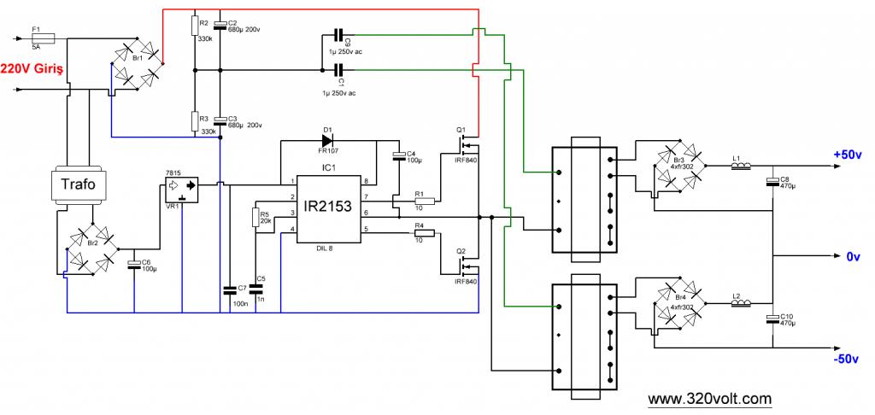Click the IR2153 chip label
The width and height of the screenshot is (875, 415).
327,207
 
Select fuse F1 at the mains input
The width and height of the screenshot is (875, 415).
43,38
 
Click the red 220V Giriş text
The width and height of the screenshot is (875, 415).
32,69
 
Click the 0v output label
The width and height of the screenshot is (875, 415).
854,256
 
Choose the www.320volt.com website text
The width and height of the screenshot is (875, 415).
710,399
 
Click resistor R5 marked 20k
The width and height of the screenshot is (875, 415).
256,218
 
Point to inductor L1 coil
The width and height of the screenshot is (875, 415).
741,165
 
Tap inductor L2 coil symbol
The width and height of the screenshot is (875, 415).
741,303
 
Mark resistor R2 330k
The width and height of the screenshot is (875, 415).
195,26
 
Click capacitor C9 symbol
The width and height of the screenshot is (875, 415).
338,36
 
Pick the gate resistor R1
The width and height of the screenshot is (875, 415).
425,201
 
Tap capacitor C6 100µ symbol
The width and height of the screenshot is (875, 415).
134,263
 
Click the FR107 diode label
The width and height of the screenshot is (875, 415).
328,151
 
